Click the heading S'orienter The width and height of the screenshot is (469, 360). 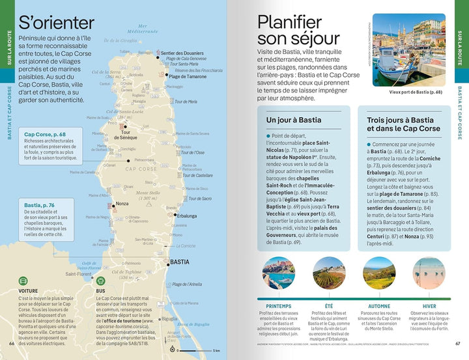point(55,22)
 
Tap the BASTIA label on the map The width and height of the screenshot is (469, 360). point(179,262)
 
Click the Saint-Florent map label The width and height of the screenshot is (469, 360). point(79,274)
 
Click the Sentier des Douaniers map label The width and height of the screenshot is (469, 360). point(184,53)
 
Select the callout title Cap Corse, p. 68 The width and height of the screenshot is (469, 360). point(47,134)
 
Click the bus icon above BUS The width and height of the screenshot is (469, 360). point(101,279)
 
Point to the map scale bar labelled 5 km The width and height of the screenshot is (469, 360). point(198,350)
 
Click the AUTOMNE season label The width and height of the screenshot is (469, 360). point(379,305)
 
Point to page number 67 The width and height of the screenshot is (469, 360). point(458,344)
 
